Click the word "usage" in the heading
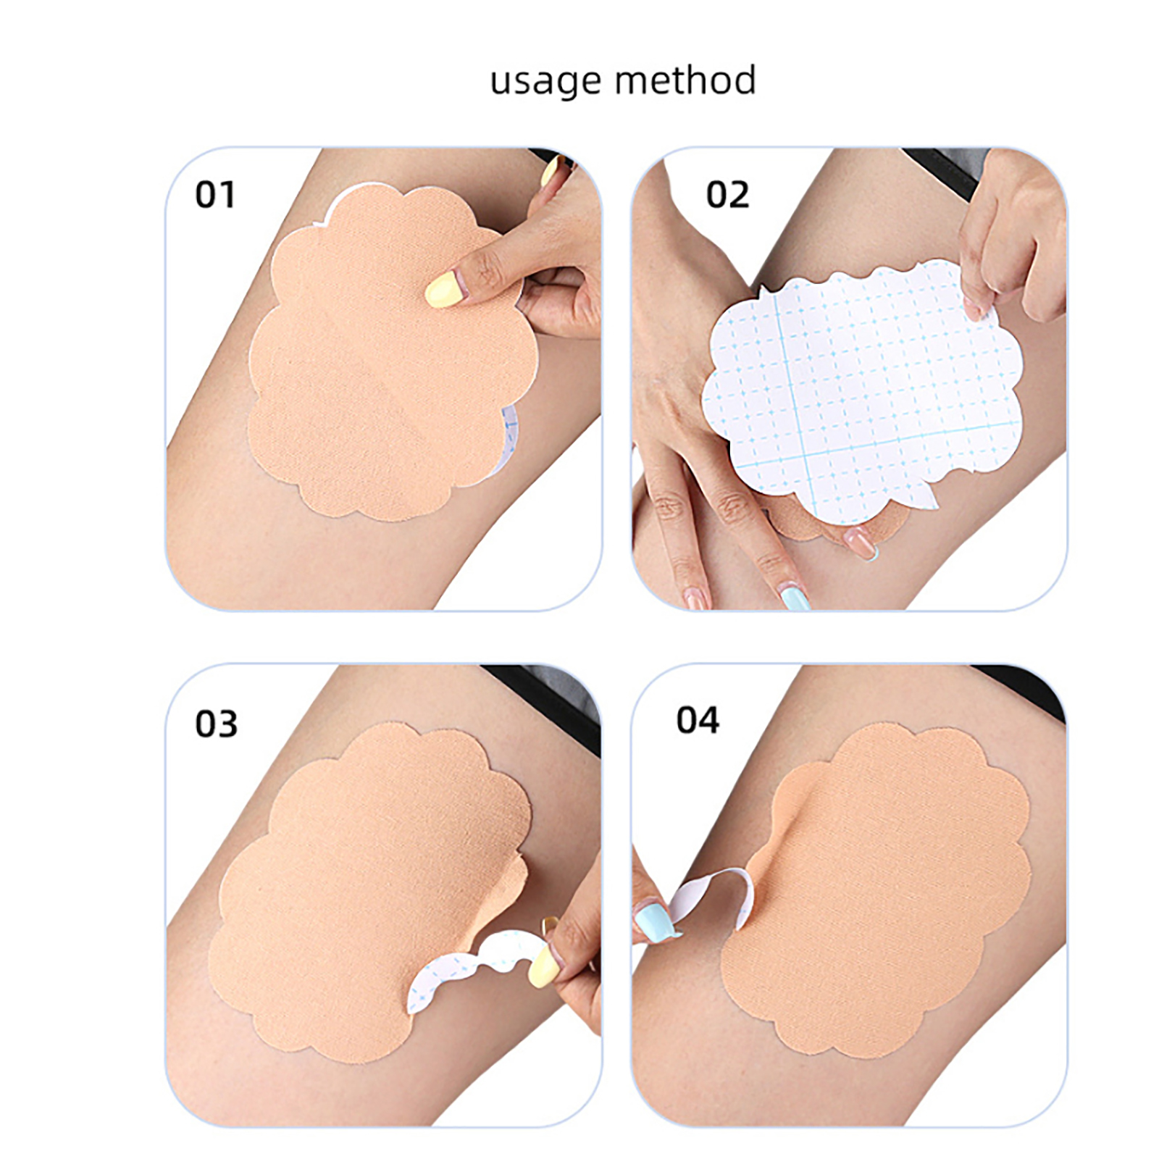coord(545,82)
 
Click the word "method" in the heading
coord(685,79)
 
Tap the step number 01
coord(215,195)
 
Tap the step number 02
coord(727,195)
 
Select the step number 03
coord(216,724)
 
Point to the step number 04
coord(698,720)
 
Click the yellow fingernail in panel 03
coord(541,966)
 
